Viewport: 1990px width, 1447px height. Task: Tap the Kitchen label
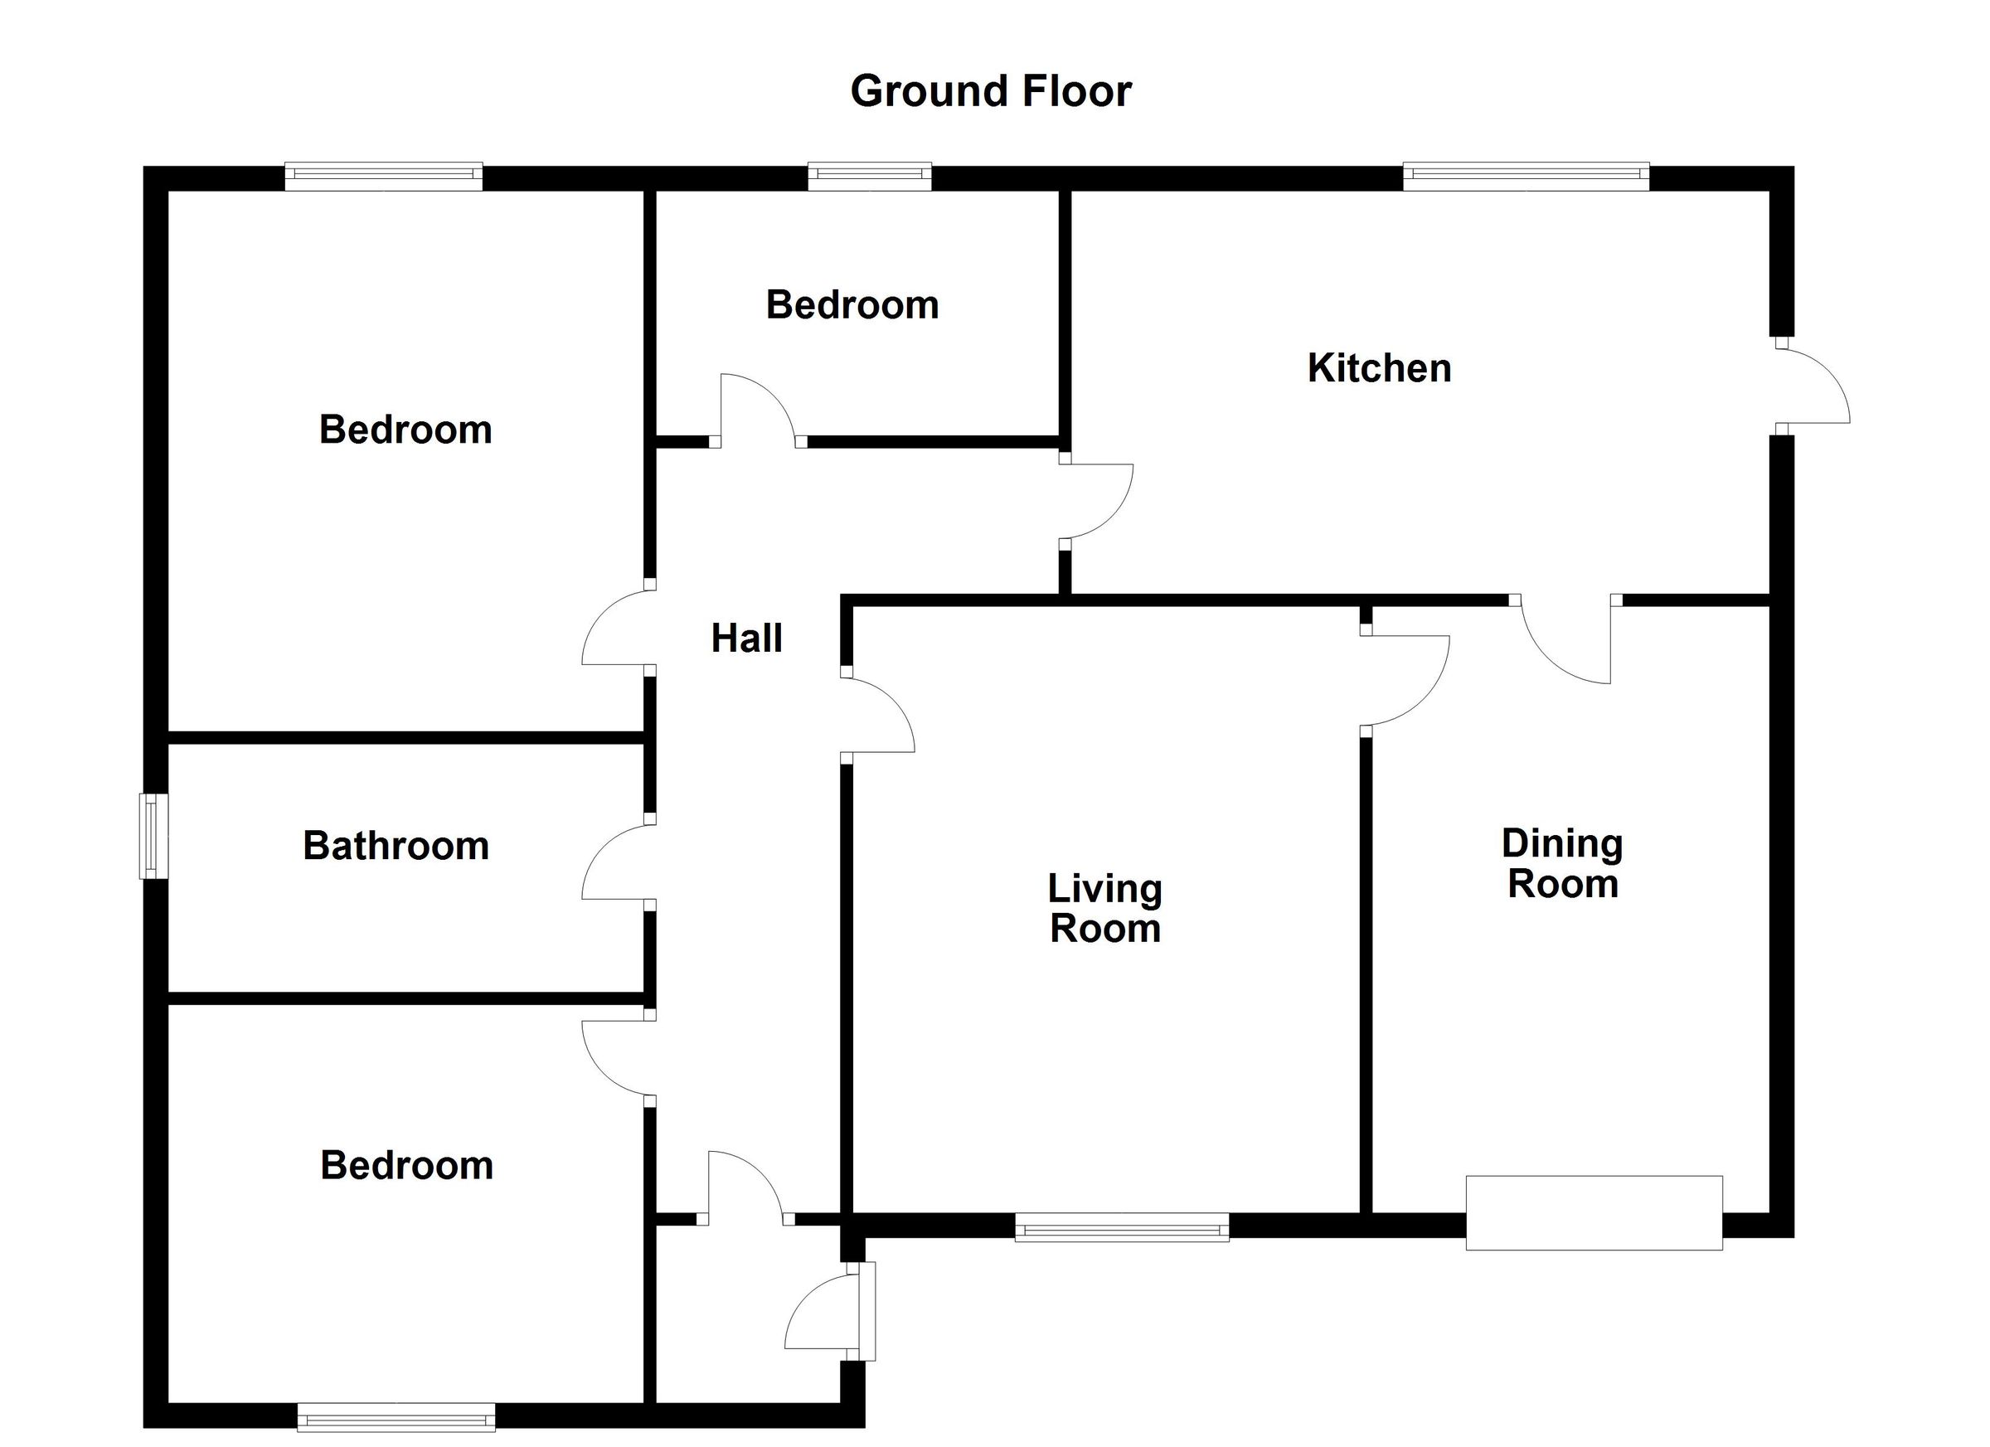pyautogui.click(x=1379, y=367)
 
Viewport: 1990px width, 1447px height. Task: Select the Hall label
pyautogui.click(x=747, y=638)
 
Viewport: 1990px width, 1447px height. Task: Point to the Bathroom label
pyautogui.click(x=396, y=845)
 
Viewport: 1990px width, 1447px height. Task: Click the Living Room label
pyautogui.click(x=1104, y=908)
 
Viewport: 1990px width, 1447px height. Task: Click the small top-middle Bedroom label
pyautogui.click(x=852, y=304)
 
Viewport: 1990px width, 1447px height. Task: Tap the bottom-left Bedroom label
pyautogui.click(x=406, y=1165)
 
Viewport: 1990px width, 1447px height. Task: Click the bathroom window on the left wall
pyautogui.click(x=153, y=835)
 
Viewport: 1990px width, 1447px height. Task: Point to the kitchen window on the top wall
pyautogui.click(x=1526, y=177)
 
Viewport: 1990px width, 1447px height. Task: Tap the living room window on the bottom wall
pyautogui.click(x=1121, y=1226)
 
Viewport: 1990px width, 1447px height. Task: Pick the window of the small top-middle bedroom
pyautogui.click(x=869, y=177)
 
